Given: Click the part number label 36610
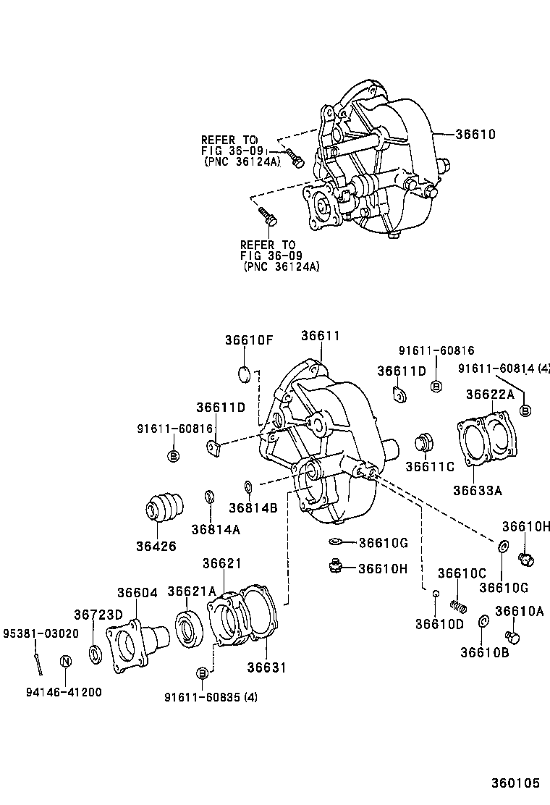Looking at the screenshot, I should coord(475,134).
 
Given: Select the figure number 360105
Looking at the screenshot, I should coord(515,783).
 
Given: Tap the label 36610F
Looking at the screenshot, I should coord(248,340).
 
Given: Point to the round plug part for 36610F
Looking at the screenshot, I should coord(244,374).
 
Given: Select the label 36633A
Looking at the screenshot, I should coord(477,490).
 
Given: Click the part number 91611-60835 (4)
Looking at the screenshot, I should coord(211,697).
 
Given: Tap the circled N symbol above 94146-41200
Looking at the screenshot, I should coord(65,660).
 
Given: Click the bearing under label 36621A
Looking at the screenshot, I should coord(190,627).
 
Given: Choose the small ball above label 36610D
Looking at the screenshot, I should coord(436,594).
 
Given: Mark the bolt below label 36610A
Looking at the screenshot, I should coord(515,637).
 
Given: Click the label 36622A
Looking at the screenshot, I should coord(489,395).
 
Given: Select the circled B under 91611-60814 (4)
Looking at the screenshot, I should coord(525,410).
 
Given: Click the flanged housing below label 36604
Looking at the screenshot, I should coord(135,641).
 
